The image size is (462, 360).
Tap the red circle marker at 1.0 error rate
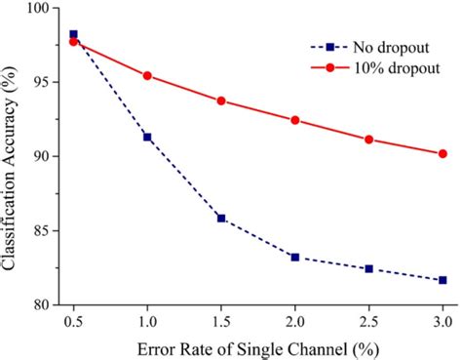tap(147, 75)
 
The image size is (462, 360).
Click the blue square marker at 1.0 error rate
tap(147, 137)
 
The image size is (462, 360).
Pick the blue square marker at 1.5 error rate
tap(221, 218)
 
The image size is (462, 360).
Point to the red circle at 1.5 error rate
tap(221, 100)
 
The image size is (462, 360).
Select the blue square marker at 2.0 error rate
tap(294, 257)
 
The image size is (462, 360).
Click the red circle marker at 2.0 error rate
tap(294, 120)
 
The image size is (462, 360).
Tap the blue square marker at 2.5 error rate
tap(368, 268)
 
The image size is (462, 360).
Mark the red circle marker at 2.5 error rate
tap(368, 140)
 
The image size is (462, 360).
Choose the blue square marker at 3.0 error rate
tap(443, 280)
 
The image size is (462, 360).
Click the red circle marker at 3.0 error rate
tap(443, 153)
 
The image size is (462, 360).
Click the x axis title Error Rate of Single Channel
tap(257, 347)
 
